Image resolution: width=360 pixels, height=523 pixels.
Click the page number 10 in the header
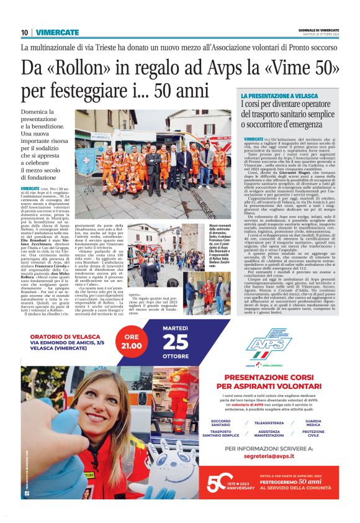[x=24, y=32]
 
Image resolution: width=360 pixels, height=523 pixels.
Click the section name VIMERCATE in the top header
[x=57, y=32]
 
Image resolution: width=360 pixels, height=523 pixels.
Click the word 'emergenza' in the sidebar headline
[x=307, y=127]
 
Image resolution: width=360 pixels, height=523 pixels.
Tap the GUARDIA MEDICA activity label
[x=313, y=422]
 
